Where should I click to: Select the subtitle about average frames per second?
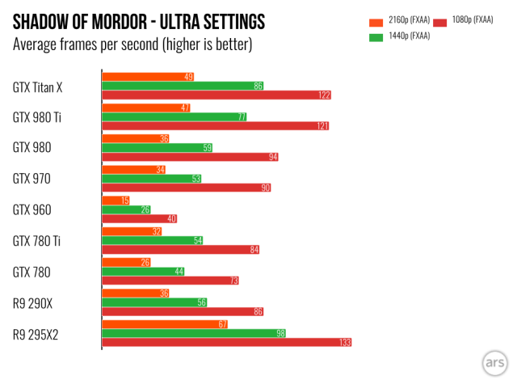[x=132, y=44]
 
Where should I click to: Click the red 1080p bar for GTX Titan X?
[x=216, y=95]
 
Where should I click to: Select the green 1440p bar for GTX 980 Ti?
[x=174, y=116]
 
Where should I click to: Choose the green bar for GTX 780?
[x=143, y=272]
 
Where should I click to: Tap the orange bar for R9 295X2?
[x=165, y=324]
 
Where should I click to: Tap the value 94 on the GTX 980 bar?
[x=272, y=157]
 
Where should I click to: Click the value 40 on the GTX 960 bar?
[x=170, y=219]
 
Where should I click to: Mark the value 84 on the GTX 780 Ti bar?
[x=254, y=251]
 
